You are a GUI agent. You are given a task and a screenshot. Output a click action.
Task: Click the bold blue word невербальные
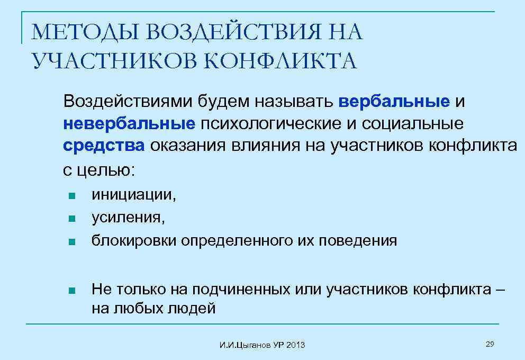129,123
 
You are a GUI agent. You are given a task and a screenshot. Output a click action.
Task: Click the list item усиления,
128,217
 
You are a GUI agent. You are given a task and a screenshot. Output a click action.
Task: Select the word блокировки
134,241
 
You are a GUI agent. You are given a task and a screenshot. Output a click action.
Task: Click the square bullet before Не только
72,291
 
